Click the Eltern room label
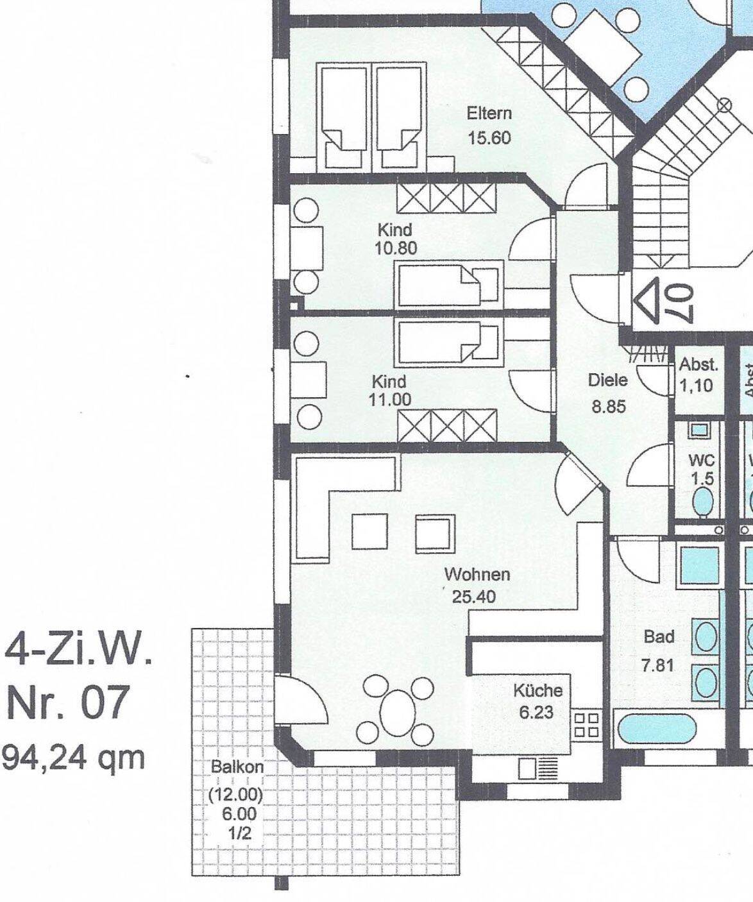tap(489, 114)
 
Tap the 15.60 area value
tap(489, 138)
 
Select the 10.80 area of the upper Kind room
tap(396, 248)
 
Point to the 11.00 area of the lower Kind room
tap(390, 400)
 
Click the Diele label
tap(608, 380)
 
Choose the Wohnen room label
tap(477, 574)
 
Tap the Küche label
tap(538, 690)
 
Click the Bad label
tap(659, 636)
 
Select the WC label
tap(702, 461)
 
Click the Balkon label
tap(237, 767)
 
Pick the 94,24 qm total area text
tap(74, 758)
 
